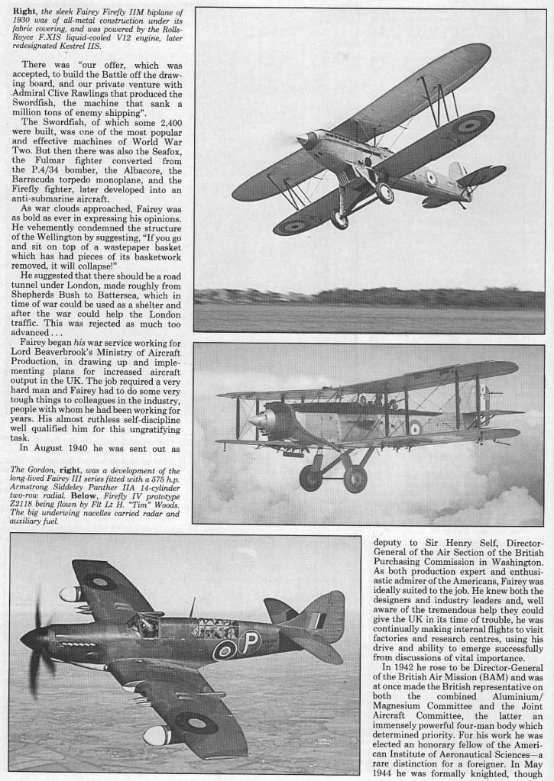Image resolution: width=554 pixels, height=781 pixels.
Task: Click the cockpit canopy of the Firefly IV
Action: coord(143,624)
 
